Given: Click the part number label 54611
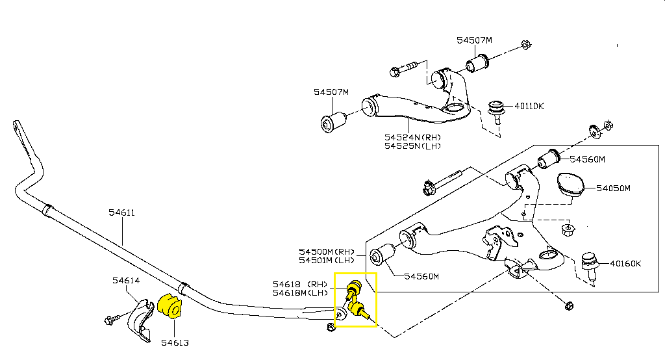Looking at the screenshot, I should (121, 212).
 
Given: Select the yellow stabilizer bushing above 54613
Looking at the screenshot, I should (171, 306).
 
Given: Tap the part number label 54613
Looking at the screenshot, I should (175, 342).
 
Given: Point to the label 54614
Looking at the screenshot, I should (125, 281).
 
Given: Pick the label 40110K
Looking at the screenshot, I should (529, 105).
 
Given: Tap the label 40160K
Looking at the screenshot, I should (625, 263).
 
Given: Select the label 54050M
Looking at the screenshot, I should (614, 188).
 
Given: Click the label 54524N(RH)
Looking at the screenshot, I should (413, 137).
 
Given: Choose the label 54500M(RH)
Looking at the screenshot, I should (327, 251).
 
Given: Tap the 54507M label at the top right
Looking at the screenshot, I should (474, 40).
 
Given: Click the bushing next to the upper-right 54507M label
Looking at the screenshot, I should (479, 64).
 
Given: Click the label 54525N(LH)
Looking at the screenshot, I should (413, 146).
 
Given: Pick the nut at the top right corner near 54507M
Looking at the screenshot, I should (527, 45).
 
